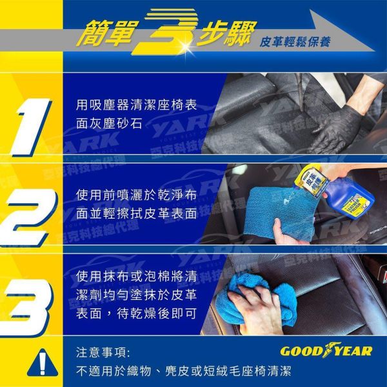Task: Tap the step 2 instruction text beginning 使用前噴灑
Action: [x=136, y=203]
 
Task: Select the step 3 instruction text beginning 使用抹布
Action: [x=136, y=295]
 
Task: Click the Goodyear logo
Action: [x=326, y=351]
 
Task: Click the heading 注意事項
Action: [x=103, y=352]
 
